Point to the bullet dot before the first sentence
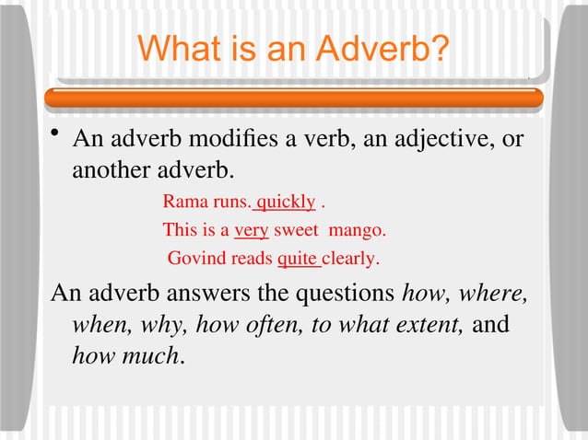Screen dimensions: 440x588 (56, 137)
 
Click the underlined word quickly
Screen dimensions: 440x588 (286, 202)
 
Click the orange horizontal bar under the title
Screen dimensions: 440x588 (295, 97)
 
